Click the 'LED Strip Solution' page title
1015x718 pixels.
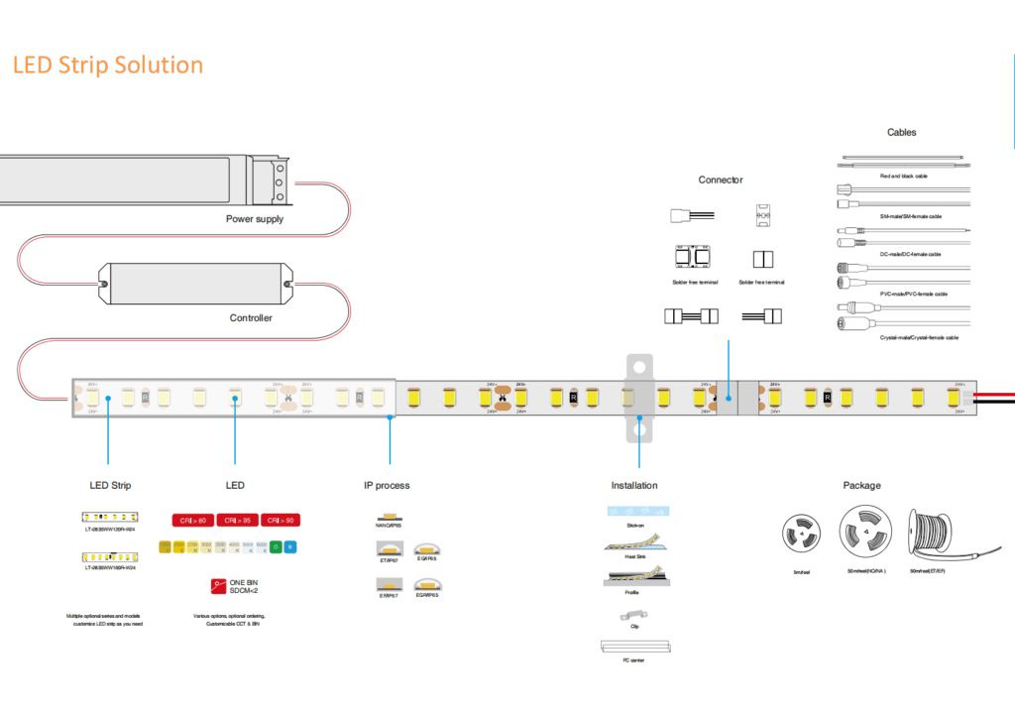click(x=108, y=65)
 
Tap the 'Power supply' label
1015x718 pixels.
click(x=254, y=219)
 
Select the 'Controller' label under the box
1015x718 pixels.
click(x=251, y=318)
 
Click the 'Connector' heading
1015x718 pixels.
click(x=721, y=179)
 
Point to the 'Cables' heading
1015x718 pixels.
click(x=901, y=132)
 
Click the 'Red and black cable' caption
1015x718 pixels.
click(x=903, y=176)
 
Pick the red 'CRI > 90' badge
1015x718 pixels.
click(x=280, y=521)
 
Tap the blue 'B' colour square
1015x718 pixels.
click(x=290, y=546)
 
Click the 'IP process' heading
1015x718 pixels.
click(x=387, y=486)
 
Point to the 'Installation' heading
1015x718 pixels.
click(x=634, y=486)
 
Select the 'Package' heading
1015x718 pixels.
click(x=861, y=486)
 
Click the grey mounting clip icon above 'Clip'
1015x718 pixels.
click(x=632, y=616)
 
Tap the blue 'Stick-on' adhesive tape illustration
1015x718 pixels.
click(x=634, y=511)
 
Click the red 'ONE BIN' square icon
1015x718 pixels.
click(x=217, y=585)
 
